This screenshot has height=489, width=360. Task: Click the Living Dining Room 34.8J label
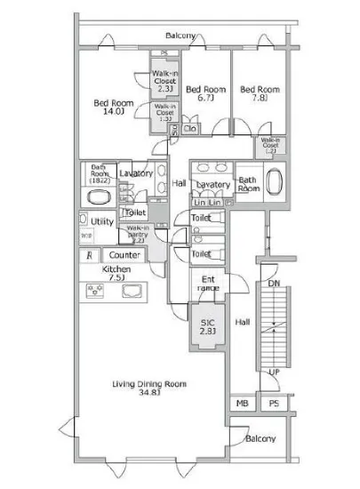[148, 388]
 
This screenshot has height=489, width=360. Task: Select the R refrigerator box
[88, 256]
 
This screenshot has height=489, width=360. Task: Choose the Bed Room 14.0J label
[114, 108]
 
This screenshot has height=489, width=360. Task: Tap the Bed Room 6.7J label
[206, 93]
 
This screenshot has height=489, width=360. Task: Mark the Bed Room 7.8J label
[260, 93]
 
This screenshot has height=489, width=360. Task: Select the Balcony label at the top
[181, 36]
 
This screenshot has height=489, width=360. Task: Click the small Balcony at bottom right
[260, 438]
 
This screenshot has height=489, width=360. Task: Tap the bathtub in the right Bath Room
[272, 184]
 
